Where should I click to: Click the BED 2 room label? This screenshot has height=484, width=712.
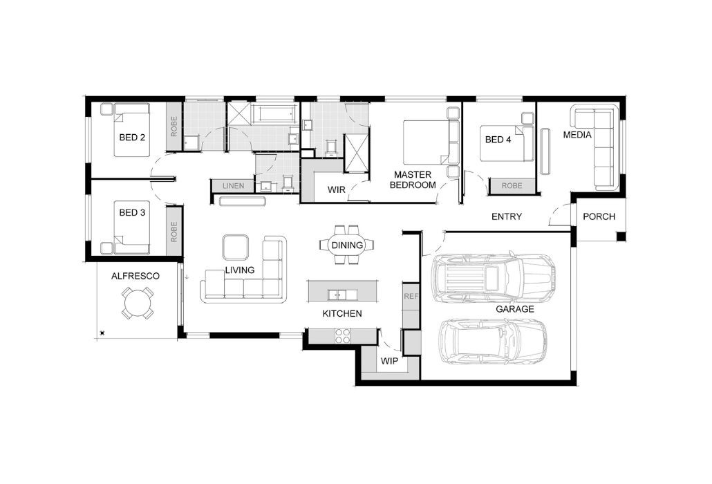pos(132,137)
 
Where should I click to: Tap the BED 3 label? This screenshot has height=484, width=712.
pos(132,212)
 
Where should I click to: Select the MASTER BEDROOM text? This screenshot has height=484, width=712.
pos(413,180)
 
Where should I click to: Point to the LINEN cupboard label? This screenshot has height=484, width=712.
pos(234,186)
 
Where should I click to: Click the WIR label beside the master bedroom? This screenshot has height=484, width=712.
pos(337,189)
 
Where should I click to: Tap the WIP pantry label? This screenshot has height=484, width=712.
pos(389,362)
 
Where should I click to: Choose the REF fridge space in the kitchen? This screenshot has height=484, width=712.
pos(411,296)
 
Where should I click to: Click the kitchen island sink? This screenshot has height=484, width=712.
pos(337,295)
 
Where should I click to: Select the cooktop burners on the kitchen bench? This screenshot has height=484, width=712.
pos(342,335)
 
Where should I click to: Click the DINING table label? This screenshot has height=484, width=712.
pos(347,245)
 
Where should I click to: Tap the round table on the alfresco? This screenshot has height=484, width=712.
pos(138,303)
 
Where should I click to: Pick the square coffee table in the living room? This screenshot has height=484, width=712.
pos(235,248)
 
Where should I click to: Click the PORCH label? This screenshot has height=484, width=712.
pos(599,216)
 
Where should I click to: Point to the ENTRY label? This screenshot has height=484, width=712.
pos(507,216)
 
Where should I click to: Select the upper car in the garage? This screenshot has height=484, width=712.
pos(494,279)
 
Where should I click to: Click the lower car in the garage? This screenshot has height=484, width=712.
pos(494,342)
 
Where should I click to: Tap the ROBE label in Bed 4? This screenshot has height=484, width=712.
pos(512,186)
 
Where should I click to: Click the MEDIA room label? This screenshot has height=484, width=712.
pos(577,135)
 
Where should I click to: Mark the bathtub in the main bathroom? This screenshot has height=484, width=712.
pos(272,113)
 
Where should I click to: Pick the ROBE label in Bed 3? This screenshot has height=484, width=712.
pos(174,232)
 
